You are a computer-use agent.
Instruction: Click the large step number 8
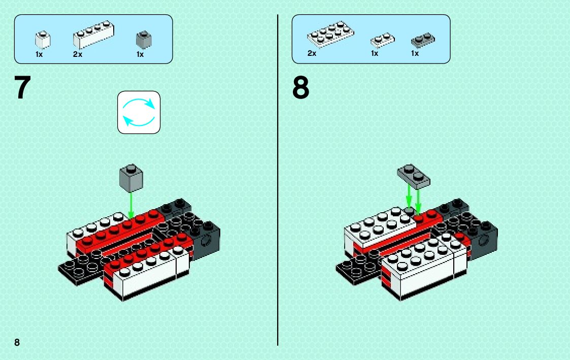tap(300, 88)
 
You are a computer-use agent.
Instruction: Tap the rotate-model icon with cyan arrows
tap(139, 112)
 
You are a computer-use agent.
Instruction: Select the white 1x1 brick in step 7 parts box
tap(43, 40)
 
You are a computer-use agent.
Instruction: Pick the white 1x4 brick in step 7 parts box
tap(93, 35)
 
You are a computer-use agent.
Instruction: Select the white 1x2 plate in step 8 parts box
tap(382, 40)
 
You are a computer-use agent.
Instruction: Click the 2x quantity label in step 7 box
tap(78, 54)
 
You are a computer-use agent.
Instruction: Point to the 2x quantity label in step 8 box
tap(312, 53)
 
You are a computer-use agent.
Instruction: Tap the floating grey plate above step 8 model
tap(413, 175)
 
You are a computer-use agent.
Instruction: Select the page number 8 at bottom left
tap(17, 342)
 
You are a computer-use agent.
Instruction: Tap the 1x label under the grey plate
tap(415, 53)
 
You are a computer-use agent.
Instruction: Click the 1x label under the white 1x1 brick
tap(39, 54)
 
